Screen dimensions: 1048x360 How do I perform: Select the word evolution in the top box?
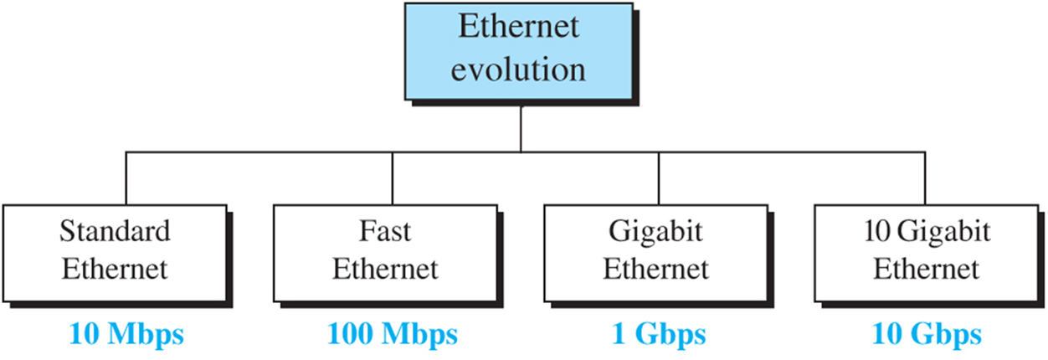coord(519,69)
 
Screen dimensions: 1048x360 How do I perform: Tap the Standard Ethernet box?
coord(115,250)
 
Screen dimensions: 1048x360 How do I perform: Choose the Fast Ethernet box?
coord(385,250)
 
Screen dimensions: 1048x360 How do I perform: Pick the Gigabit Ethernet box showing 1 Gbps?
coord(655,250)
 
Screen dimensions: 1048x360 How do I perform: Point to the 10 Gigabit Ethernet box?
coord(926,250)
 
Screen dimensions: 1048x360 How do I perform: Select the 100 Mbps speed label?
coord(393,336)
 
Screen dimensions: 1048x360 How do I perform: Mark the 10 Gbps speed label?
coord(926,336)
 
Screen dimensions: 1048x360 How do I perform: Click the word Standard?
coord(115,231)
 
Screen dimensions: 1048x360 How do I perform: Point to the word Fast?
coord(385,231)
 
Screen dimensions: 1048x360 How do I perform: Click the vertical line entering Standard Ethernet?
coord(126,177)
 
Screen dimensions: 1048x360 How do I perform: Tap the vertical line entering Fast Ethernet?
coord(393,177)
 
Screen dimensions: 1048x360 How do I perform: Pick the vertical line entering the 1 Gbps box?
coord(659,177)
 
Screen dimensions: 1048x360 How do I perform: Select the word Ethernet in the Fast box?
coord(385,270)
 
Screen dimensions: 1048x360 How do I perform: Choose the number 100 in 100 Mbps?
coord(352,336)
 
